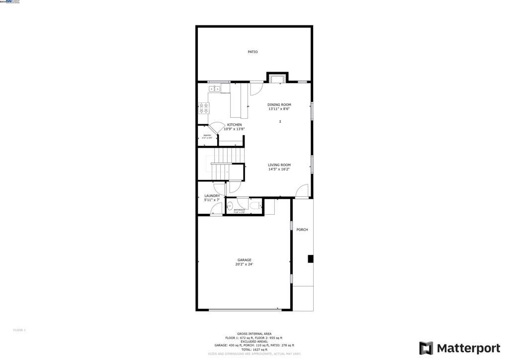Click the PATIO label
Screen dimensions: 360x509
coord(253,52)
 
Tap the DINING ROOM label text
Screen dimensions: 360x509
coord(279,105)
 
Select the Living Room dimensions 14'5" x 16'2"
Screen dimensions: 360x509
coord(279,170)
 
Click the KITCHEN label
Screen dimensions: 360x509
coord(235,125)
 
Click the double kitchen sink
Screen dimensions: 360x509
coord(215,89)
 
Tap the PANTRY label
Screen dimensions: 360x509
coord(207,136)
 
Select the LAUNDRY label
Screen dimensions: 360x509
coord(212,196)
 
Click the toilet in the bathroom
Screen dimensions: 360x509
coord(254,205)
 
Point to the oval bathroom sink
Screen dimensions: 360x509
coord(230,205)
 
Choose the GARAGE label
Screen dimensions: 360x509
coord(244,260)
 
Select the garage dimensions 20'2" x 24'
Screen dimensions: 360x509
coord(244,265)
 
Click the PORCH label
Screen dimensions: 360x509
coord(302,230)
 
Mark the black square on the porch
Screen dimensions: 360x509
coord(311,259)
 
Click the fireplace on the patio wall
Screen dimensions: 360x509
coord(277,77)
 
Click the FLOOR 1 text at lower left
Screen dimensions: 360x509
coord(19,330)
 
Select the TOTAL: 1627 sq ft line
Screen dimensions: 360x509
coord(254,350)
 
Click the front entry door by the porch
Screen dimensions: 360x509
coord(302,191)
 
